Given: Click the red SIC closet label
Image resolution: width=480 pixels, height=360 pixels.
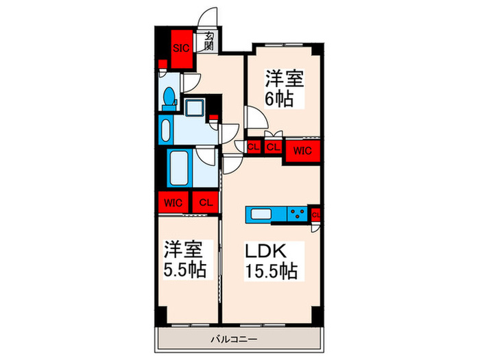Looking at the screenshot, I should (181, 47).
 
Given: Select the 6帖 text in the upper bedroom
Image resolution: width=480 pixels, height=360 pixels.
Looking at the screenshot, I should (279, 99).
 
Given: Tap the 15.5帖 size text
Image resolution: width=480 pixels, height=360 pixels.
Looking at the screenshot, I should (272, 272).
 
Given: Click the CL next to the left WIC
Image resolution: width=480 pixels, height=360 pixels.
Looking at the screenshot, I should (205, 202).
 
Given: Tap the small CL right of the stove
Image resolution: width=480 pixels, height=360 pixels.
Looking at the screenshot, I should (315, 215).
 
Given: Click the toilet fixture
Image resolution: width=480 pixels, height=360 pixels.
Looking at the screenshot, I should (169, 98).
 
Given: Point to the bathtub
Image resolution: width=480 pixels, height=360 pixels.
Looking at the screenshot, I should (181, 169).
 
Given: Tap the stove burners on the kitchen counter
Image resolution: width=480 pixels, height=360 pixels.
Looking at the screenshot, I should (298, 214).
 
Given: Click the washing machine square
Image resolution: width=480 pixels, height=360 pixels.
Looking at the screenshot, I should (195, 108).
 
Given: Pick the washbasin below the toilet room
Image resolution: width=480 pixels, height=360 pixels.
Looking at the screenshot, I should (165, 128).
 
